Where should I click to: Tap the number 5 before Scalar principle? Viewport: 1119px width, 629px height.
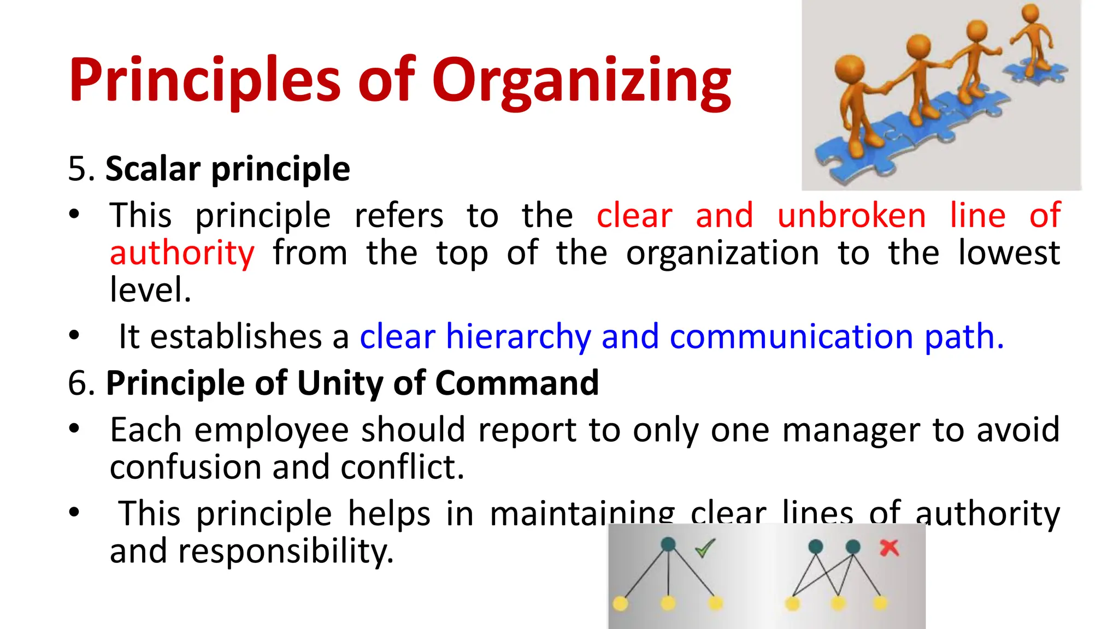tap(78, 169)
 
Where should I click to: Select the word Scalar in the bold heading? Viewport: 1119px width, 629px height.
tap(153, 169)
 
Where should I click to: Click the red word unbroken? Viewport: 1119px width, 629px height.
tap(851, 215)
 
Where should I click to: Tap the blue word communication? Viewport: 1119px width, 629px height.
tap(791, 336)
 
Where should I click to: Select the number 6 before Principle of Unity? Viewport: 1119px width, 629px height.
tap(78, 383)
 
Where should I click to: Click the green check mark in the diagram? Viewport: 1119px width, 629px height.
tap(705, 548)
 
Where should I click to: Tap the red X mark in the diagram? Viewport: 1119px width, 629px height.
tap(890, 548)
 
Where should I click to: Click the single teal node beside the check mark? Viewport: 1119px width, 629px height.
tap(668, 544)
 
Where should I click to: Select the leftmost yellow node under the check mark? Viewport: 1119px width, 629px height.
tap(620, 603)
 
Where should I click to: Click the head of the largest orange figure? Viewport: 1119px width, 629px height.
tap(850, 69)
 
